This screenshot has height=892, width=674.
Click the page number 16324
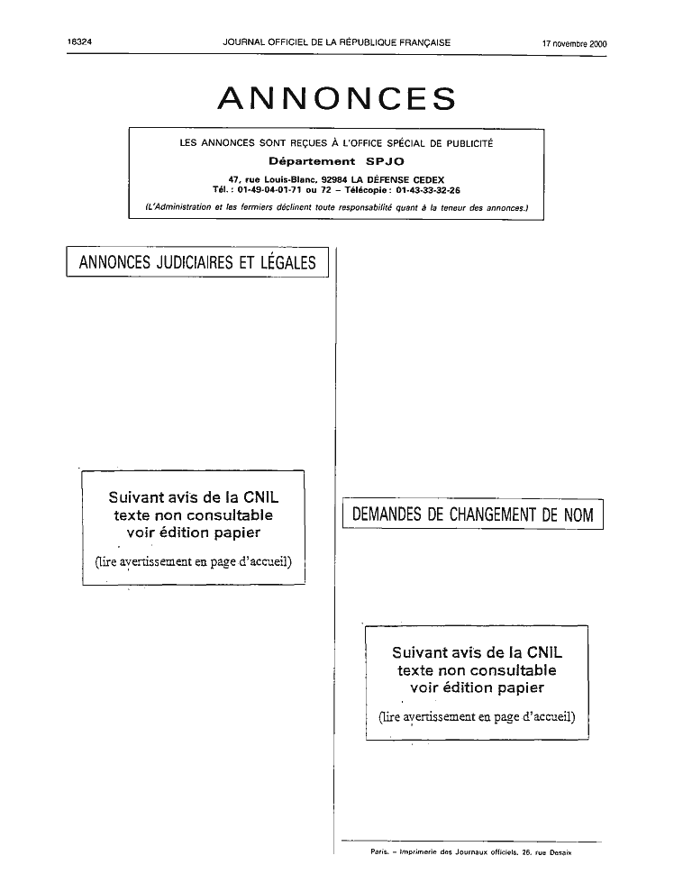pos(79,42)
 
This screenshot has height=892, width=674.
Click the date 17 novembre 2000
pos(575,44)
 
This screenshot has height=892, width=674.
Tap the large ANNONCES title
pos(337,98)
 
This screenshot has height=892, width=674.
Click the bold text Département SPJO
pos(336,161)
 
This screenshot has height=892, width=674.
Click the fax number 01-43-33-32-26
pos(428,190)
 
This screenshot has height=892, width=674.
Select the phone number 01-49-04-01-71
pos(269,190)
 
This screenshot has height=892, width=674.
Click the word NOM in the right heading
pos(578,514)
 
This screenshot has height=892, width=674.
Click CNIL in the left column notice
pos(261,497)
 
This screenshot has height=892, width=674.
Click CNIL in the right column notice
pos(544,652)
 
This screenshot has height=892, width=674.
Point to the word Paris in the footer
pos(379,852)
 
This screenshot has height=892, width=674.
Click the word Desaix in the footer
pos(561,852)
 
